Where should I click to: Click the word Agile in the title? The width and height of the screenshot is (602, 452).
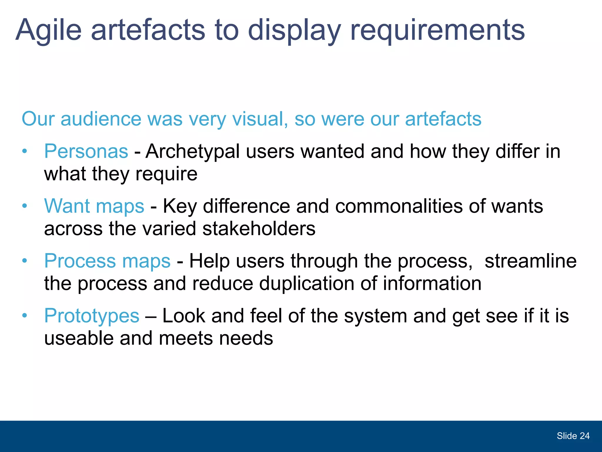pos(49,30)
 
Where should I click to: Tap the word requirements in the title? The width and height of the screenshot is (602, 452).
pos(437,30)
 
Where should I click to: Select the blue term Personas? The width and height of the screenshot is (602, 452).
pos(86,151)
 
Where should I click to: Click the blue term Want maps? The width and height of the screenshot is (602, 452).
pos(94,206)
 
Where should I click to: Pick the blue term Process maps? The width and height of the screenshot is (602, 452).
pos(107,261)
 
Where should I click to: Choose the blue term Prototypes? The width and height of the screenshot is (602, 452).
pos(92,316)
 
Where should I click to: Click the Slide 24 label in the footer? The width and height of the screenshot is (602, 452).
pos(573,436)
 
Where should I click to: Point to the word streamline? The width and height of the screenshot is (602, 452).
pos(530,261)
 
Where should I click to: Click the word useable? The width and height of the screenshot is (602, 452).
pos(79,338)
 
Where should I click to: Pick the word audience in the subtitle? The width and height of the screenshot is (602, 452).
pos(101,119)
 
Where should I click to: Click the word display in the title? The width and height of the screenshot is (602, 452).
pos(294,30)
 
